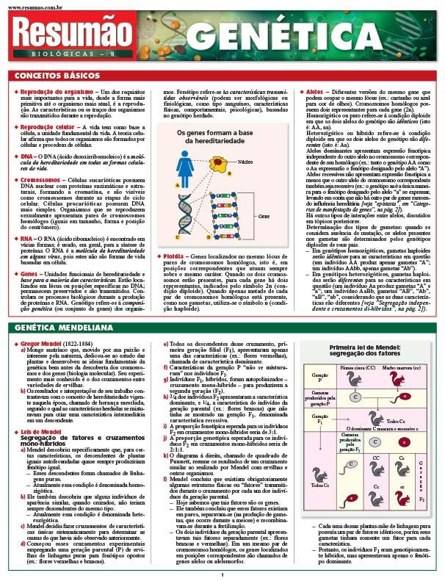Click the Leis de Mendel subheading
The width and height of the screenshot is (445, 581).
(x=35, y=430)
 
